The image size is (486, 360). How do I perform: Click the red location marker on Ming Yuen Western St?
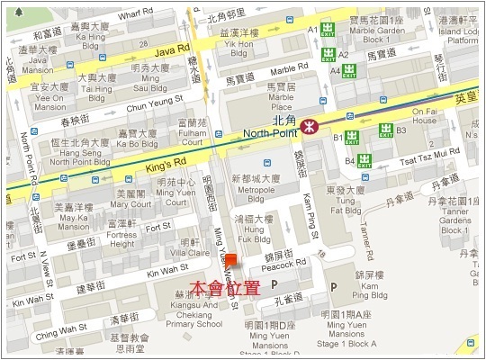231,261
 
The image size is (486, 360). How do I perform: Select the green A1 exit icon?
328,30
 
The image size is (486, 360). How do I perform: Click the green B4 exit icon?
364,161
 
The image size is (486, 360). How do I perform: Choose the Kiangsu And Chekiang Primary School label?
192,310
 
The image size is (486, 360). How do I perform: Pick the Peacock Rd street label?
287,264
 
